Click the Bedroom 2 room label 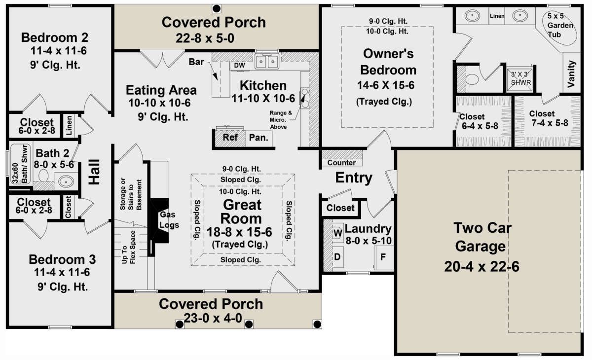tap(54, 37)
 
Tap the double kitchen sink tap(267, 61)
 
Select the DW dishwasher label tap(239, 65)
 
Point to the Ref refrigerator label tap(230, 138)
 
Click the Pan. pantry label tap(259, 138)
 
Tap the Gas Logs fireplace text tap(169, 220)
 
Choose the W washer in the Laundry tap(337, 233)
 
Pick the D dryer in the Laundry tap(337, 257)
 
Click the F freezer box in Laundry tap(383, 257)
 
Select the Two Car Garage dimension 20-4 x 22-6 tap(481, 266)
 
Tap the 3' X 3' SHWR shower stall tap(520, 79)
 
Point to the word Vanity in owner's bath tap(571, 74)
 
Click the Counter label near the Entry tap(341, 162)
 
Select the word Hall tap(94, 172)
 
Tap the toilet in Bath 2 tap(43, 176)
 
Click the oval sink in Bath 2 tap(66, 181)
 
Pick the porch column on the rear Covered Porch tap(217, 9)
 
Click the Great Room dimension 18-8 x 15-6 tap(239, 232)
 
